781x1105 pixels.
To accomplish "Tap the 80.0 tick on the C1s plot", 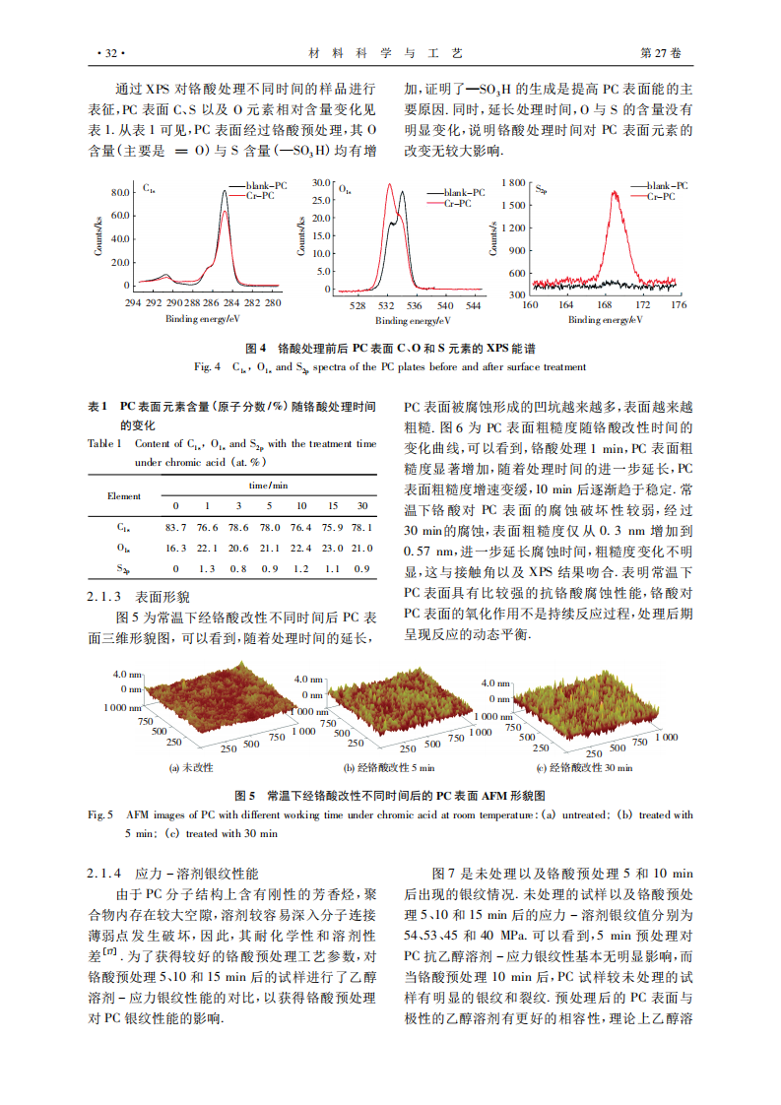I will [120, 191].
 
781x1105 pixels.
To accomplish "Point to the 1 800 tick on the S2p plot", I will [511, 183].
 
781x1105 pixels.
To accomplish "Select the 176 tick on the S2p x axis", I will [678, 305].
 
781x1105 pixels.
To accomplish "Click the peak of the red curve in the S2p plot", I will [617, 193].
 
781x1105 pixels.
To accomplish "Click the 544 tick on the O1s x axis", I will [473, 305].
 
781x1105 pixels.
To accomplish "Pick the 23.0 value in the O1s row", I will [332, 549].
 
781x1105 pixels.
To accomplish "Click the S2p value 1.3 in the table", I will [207, 568].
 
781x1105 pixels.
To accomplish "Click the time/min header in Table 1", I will [267, 486].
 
